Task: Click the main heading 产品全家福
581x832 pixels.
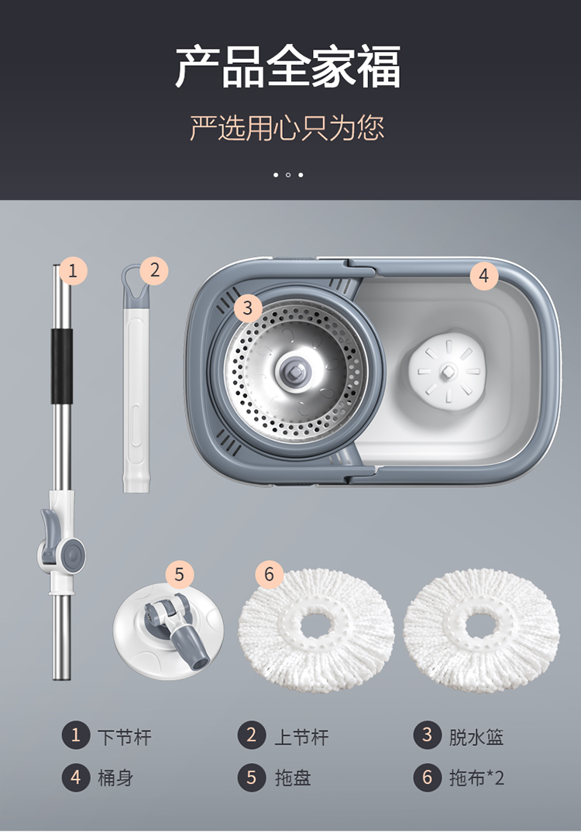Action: click(x=288, y=67)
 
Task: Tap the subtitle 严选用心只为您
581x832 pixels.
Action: click(x=287, y=128)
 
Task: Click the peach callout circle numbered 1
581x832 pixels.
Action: click(x=73, y=270)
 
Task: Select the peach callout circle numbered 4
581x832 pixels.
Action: click(x=483, y=275)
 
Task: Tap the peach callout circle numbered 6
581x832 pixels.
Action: click(x=269, y=573)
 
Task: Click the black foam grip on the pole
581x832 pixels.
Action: click(x=61, y=366)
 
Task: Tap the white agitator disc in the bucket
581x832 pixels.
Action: click(x=447, y=370)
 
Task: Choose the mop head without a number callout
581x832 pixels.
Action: click(x=481, y=631)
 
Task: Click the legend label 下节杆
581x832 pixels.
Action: click(x=125, y=737)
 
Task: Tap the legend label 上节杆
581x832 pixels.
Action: click(x=301, y=737)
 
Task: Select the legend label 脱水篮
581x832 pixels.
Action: click(x=476, y=737)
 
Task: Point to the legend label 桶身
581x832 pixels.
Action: click(x=115, y=778)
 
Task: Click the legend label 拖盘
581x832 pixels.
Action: click(x=292, y=778)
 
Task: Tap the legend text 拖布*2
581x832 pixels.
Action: click(x=476, y=778)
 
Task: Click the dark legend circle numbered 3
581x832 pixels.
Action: click(x=428, y=735)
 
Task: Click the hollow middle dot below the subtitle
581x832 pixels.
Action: click(x=288, y=174)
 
